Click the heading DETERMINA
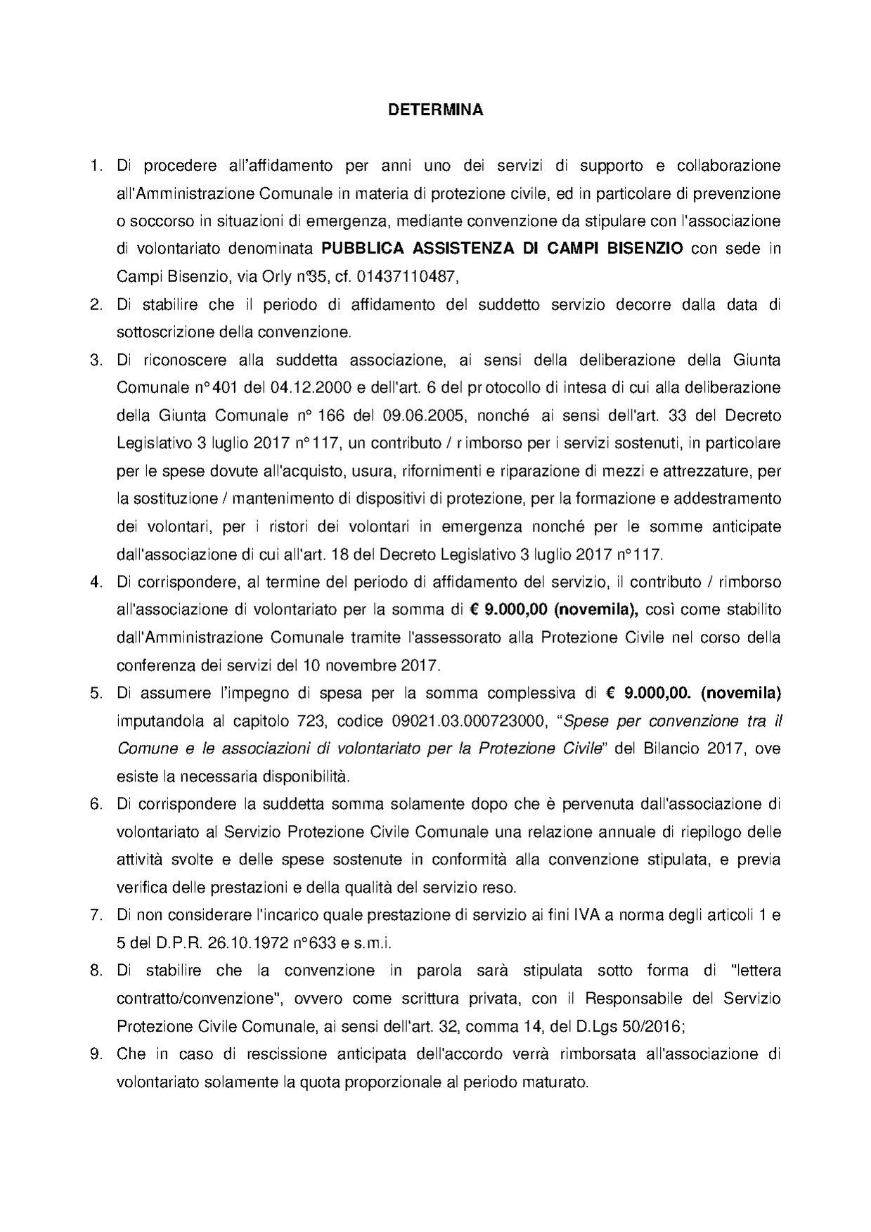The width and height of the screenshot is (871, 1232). click(x=436, y=110)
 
